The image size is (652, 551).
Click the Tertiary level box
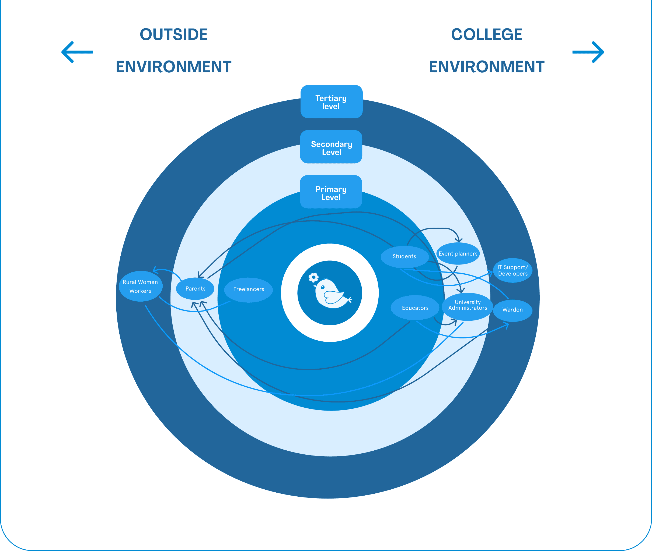tap(331, 102)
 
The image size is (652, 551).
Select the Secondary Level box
tap(331, 147)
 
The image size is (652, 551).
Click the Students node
tap(404, 257)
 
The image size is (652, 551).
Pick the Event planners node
tap(458, 254)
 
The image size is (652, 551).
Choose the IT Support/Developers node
tap(512, 270)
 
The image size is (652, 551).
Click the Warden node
tap(512, 310)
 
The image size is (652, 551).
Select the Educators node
tap(415, 308)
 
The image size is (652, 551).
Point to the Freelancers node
tap(248, 289)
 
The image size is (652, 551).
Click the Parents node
tap(195, 289)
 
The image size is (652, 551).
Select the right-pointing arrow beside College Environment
tap(588, 52)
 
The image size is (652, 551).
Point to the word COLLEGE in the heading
tap(487, 34)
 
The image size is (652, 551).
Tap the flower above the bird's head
tap(313, 277)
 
